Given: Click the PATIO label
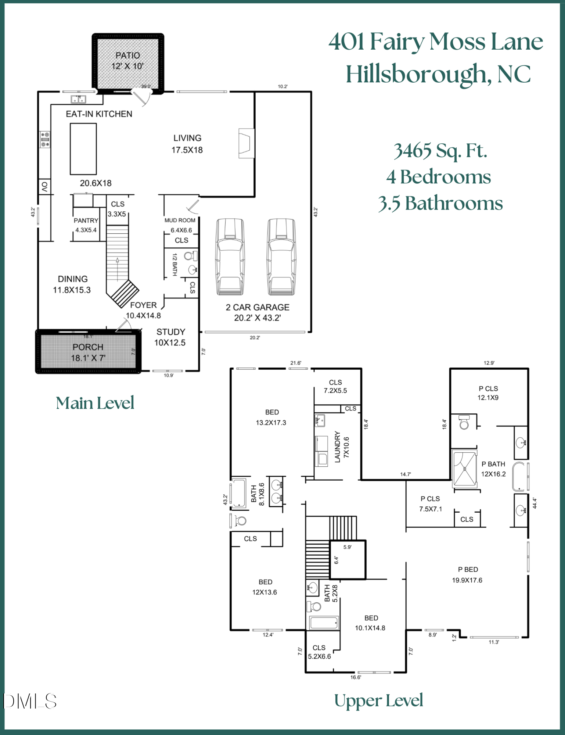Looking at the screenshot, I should pos(127,55).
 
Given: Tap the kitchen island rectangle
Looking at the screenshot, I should pos(83,149).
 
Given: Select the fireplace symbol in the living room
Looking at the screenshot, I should pos(246,143).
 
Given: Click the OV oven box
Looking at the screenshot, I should pos(44,187).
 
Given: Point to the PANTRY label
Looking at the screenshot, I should pos(86,220).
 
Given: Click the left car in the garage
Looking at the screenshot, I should pos(230,257).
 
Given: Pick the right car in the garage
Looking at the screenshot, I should pos(281,257).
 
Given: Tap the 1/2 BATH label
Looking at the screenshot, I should pos(175,264).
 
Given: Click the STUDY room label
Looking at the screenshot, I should pos(171,332).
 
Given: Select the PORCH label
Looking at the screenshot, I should pos(88,347).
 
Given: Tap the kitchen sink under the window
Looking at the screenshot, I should pos(78,99).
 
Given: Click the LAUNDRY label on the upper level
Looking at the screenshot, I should pos(337,447).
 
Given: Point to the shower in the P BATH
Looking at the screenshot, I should pos(464,469).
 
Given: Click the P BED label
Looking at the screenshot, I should pos(468,570).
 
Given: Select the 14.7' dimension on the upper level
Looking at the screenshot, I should pos(405,474).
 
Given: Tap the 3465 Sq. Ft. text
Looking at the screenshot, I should pos(440,151).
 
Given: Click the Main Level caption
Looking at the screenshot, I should pos(95,403).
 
